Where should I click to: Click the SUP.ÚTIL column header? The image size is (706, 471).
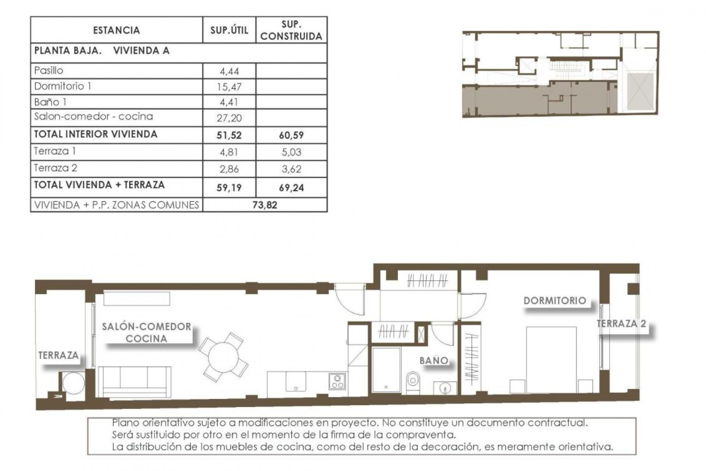point(229,30)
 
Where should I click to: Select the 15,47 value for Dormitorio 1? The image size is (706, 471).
point(229,87)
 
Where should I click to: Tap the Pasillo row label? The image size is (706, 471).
point(49,70)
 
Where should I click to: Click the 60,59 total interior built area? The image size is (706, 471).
point(291,135)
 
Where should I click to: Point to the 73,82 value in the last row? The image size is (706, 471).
point(265,205)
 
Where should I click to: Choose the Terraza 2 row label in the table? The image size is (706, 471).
point(56,168)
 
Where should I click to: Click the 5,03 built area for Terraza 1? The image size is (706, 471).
point(291,152)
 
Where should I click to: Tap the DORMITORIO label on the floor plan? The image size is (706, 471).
point(555,301)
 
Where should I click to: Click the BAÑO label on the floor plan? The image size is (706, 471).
point(434,361)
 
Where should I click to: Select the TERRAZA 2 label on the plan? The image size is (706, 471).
point(621,324)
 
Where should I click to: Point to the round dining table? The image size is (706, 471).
point(223,357)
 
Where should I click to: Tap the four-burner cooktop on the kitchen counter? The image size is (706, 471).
point(337,382)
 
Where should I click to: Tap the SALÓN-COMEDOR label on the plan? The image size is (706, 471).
point(146,327)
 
